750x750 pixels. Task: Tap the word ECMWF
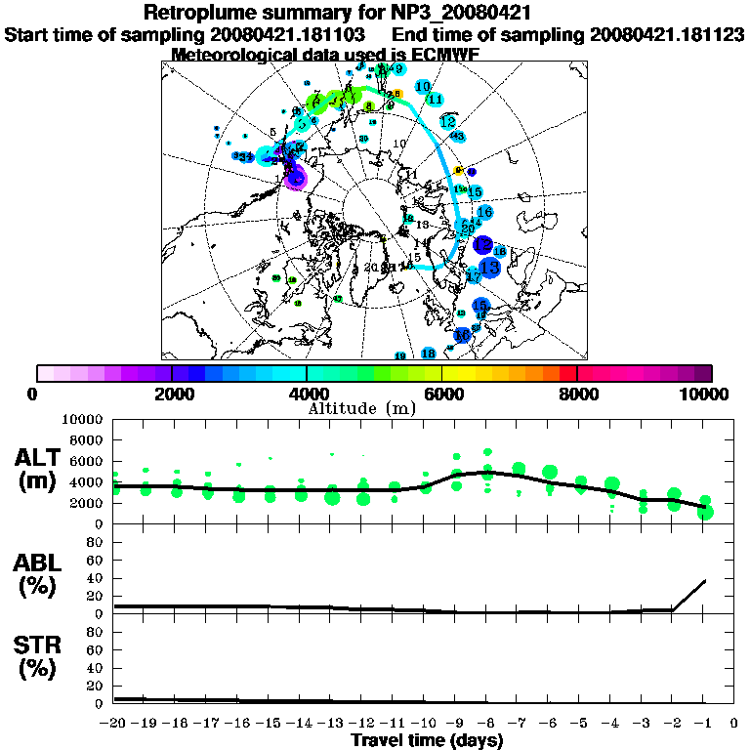(445, 54)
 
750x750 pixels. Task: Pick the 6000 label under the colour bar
(441, 394)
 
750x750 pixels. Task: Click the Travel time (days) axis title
(427, 741)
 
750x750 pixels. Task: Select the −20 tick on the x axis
(115, 724)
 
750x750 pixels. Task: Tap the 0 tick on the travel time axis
(734, 724)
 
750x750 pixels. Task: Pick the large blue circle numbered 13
(490, 267)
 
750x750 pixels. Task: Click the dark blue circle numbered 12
(482, 244)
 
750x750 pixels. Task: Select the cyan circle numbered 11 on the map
(436, 100)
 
